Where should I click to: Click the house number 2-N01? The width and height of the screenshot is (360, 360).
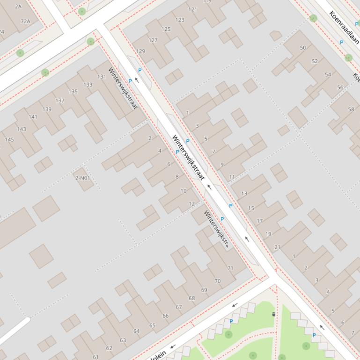pos(83,178)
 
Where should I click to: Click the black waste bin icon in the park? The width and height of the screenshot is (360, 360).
pos(273,314)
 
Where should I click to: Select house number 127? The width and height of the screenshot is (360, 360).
pos(153,40)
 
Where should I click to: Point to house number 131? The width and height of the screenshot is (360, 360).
pos(102,77)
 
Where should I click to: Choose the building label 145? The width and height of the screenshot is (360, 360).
pos(9,139)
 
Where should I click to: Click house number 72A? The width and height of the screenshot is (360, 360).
pos(25,21)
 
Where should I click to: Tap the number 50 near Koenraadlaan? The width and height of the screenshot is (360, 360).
pos(303,48)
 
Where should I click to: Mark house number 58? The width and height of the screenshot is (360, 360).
pos(351,109)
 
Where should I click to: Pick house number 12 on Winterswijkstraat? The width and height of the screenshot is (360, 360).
pos(191,204)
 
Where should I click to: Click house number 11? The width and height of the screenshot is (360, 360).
pos(232,177)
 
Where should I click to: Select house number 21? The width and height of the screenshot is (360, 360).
pos(277,247)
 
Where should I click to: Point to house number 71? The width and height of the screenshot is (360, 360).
pos(230,268)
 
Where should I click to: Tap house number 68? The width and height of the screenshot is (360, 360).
pos(191,298)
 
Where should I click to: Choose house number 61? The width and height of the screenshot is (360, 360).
pos(96,357)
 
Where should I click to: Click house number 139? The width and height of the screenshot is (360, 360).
pos(47,109)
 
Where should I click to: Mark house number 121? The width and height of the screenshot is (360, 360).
pos(192,9)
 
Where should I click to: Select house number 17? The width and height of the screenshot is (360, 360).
pos(259,221)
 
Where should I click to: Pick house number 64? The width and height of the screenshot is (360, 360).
pos(136,331)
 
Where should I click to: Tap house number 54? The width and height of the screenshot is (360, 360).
pos(328,74)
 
